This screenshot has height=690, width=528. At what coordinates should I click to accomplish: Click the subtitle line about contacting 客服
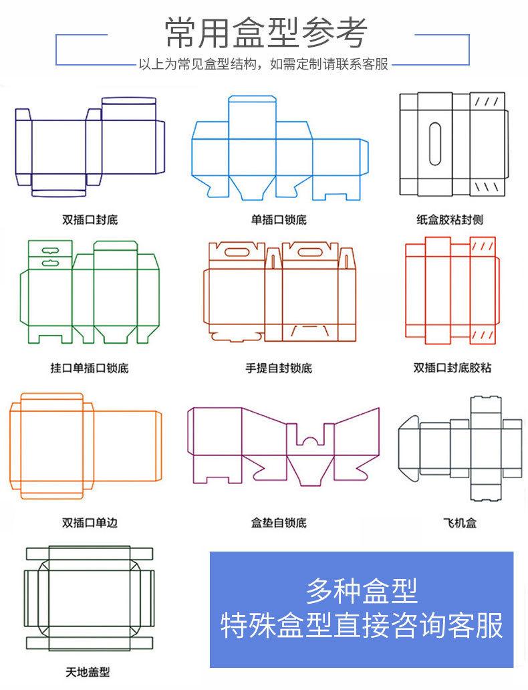point(263,66)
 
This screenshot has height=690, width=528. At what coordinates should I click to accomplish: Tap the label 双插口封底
point(90,219)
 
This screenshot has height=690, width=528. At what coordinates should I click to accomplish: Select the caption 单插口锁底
point(279,219)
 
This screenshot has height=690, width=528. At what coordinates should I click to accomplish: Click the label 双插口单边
point(90,522)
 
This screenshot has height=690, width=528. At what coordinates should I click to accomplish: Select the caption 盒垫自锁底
point(279,522)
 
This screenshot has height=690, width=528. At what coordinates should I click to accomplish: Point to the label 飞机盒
point(460,522)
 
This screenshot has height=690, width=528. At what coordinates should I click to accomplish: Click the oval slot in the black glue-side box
point(434,144)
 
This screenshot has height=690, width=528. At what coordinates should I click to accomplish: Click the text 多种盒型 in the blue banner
point(362,590)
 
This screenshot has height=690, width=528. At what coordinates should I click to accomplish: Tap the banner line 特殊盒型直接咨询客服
point(362,626)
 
